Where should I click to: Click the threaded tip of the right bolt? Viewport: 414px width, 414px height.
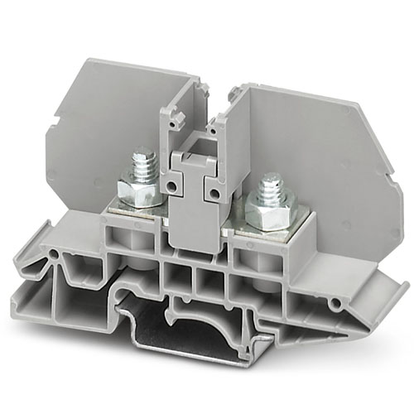[271, 187]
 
